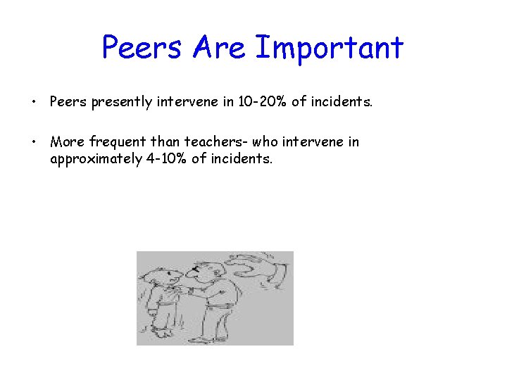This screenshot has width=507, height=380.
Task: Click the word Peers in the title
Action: pyautogui.click(x=143, y=48)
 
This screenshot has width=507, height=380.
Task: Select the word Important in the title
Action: pyautogui.click(x=329, y=48)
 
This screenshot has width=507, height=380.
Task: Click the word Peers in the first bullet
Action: pyautogui.click(x=68, y=102)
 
